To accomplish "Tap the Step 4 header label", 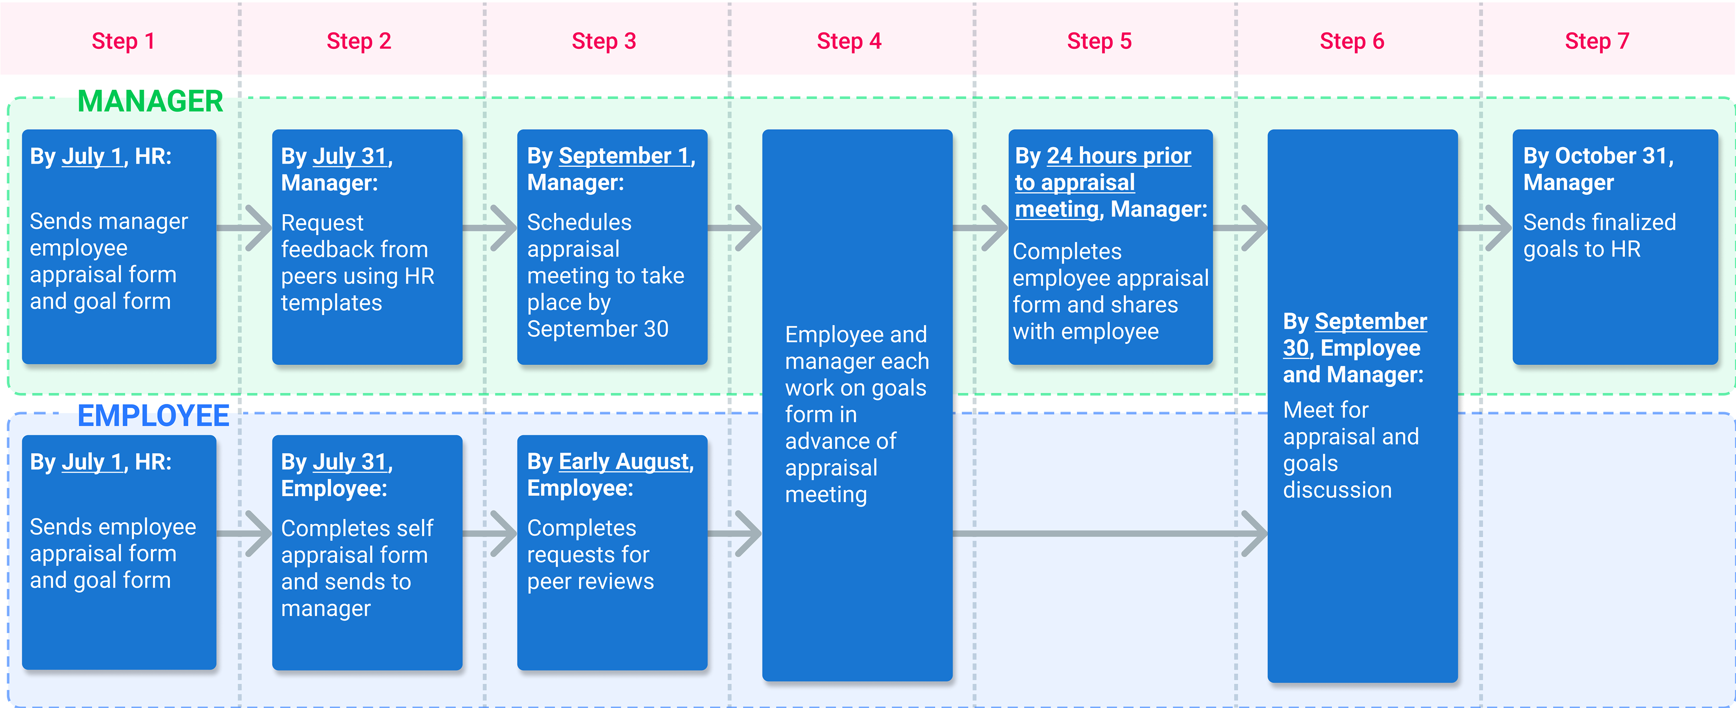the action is click(x=849, y=41).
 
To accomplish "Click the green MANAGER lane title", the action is click(x=150, y=101).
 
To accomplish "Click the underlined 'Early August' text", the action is click(x=624, y=461).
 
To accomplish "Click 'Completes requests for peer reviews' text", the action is click(x=590, y=554).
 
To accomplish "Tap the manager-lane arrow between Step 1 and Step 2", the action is click(x=244, y=228).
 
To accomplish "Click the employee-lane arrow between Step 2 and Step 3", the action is click(x=490, y=534).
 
